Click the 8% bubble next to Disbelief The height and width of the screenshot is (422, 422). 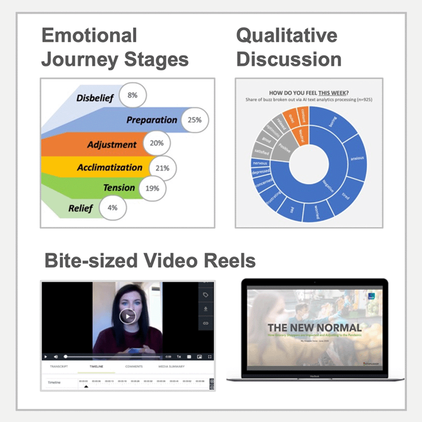click(x=132, y=95)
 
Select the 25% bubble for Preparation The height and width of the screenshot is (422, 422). click(x=194, y=120)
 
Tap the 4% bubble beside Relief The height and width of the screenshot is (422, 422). click(x=112, y=207)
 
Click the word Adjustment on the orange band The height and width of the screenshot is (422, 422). click(x=112, y=145)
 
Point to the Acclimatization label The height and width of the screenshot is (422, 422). click(x=110, y=168)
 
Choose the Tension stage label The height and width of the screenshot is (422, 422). click(x=119, y=187)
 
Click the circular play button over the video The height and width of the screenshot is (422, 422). click(x=127, y=316)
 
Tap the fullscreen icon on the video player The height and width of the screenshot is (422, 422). click(x=210, y=357)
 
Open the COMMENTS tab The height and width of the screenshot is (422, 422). click(x=134, y=366)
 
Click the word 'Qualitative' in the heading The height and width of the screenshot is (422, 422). click(x=286, y=36)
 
